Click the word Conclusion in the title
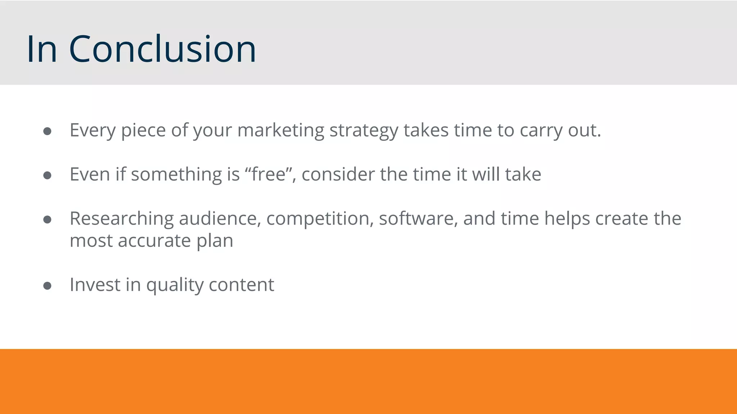[162, 49]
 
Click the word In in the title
[42, 49]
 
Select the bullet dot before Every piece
[47, 131]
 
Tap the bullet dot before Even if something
[47, 175]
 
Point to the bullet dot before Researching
[47, 220]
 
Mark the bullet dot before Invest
[47, 286]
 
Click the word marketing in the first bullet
[281, 130]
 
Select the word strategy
[364, 130]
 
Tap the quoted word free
[268, 174]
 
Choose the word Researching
[122, 219]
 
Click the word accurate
[154, 241]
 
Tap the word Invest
[95, 285]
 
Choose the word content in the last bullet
[241, 285]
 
